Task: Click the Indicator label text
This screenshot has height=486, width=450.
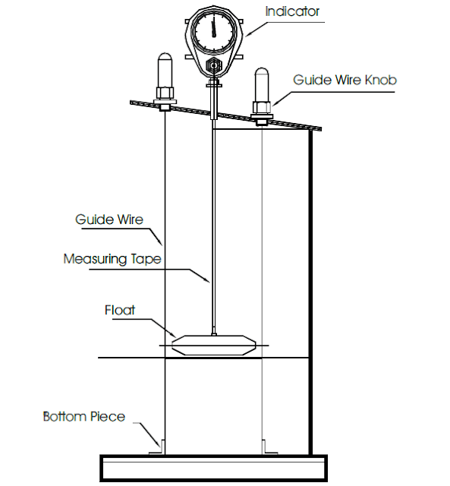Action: (x=292, y=11)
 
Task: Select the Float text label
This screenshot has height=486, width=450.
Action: (x=120, y=310)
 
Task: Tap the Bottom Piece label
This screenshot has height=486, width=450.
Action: (x=83, y=416)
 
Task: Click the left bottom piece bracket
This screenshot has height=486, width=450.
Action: (x=160, y=447)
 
